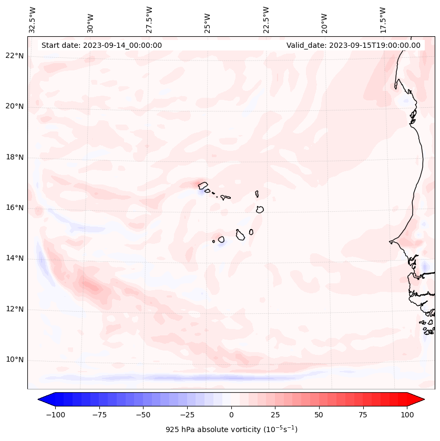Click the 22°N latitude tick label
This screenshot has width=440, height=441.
(15, 56)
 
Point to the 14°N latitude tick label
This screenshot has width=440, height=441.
(15, 258)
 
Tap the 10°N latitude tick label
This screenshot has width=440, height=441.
(15, 360)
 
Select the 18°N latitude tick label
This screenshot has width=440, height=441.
(15, 157)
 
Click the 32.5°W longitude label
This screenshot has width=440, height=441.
(33, 19)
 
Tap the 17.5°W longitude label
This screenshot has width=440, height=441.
(382, 19)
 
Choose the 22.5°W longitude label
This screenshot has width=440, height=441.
(265, 19)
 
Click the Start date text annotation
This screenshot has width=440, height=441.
(101, 45)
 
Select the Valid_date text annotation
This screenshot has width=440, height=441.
(353, 45)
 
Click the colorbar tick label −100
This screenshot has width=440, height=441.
(55, 415)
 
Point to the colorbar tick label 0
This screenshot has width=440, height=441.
(231, 415)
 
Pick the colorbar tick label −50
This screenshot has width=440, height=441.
(143, 415)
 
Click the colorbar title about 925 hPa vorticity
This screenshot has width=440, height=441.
(231, 429)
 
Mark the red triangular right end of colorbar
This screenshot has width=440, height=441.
(416, 399)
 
